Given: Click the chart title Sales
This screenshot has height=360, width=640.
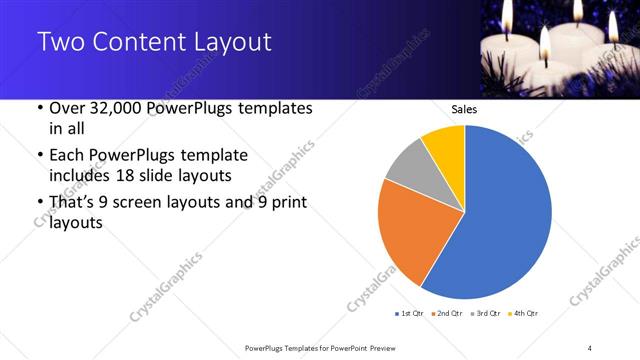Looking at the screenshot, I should (x=464, y=109).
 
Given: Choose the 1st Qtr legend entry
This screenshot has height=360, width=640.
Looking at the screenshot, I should (x=411, y=314).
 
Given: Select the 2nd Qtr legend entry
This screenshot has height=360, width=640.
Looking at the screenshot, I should (x=446, y=314).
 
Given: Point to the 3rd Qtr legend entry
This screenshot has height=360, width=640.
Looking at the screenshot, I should (x=484, y=314).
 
